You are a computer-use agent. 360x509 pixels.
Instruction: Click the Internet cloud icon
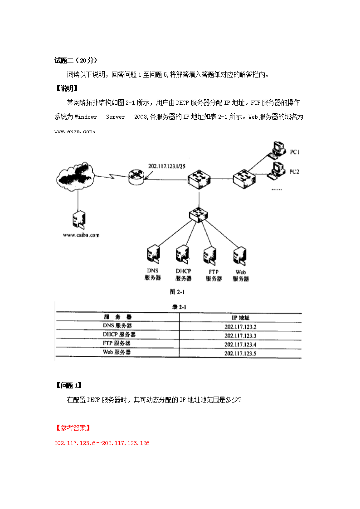[x=75, y=176]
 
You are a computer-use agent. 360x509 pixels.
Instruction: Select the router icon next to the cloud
[x=136, y=177]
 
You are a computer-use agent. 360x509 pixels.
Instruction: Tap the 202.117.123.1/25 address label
[x=167, y=166]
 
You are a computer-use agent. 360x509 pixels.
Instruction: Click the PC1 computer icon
[x=277, y=150]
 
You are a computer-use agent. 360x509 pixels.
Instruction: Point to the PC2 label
[x=294, y=172]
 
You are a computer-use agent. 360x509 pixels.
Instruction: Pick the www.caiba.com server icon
[x=79, y=219]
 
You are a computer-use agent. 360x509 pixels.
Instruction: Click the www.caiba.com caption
[x=81, y=235]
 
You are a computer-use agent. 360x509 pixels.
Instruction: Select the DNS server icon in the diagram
[x=153, y=254]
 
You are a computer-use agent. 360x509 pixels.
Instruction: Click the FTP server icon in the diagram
[x=210, y=256]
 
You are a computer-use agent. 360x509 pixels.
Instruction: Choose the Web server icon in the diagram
[x=240, y=256]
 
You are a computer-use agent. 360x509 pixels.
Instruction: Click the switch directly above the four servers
[x=198, y=215]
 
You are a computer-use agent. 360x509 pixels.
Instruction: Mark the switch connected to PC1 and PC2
[x=244, y=179]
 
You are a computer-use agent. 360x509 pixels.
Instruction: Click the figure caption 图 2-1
[x=177, y=292]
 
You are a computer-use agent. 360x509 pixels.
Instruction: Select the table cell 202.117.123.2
[x=240, y=327]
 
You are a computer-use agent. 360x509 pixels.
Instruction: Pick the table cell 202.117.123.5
[x=240, y=354]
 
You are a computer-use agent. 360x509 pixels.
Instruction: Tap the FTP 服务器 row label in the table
[x=117, y=343]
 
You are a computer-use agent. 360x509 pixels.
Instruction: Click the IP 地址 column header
[x=241, y=318]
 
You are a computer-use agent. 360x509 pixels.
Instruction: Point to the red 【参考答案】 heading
[x=73, y=428]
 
